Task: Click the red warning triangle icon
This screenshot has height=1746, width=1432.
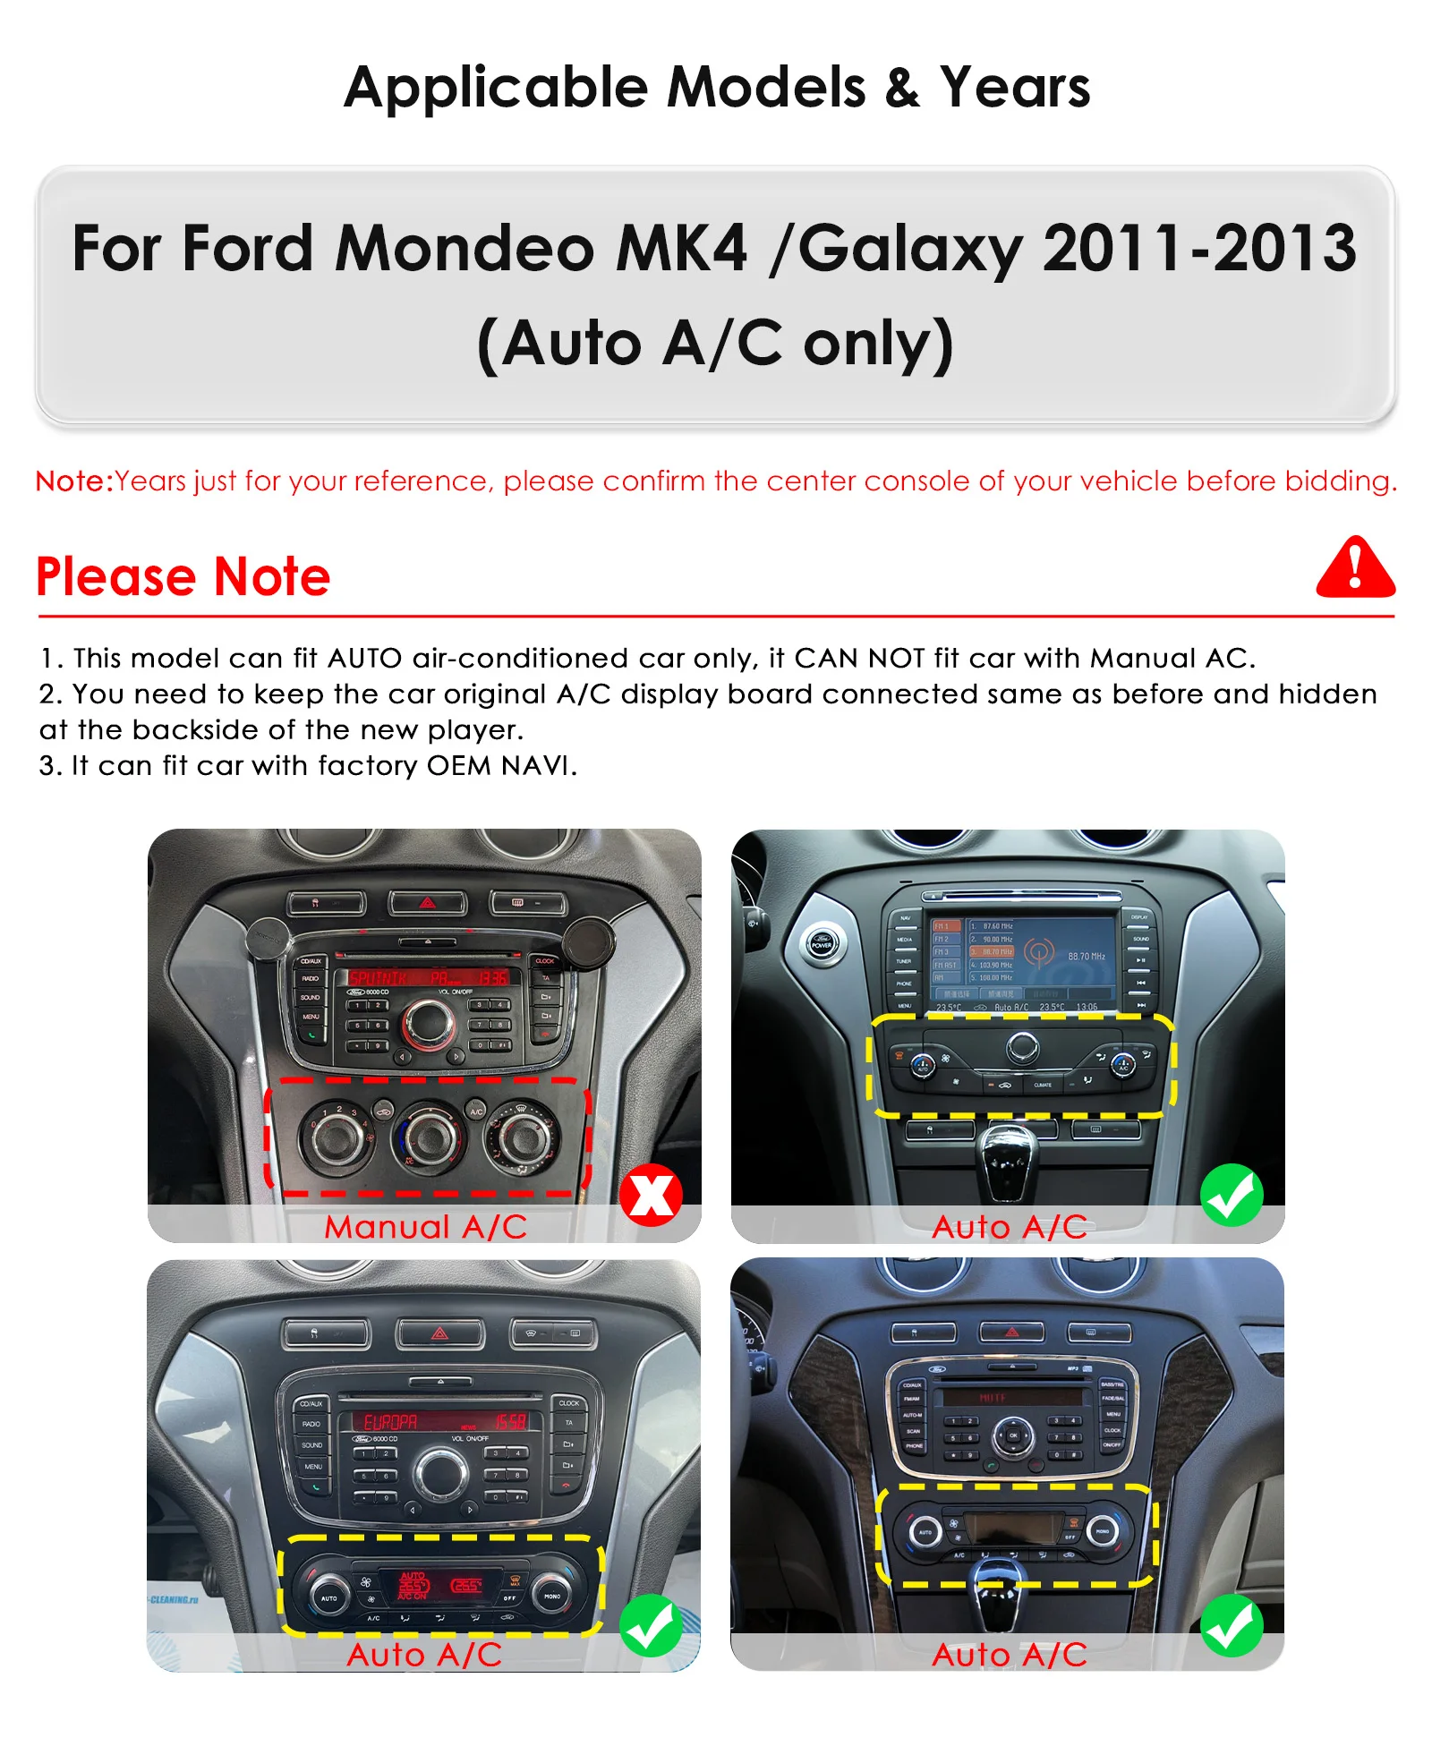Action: (1354, 567)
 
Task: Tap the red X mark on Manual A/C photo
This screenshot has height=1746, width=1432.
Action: (651, 1195)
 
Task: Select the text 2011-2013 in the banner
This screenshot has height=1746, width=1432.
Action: (1199, 248)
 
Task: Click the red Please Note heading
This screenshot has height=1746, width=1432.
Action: (183, 576)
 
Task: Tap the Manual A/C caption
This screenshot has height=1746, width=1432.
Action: (425, 1226)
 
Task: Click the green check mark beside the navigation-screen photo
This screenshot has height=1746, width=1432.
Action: (1232, 1195)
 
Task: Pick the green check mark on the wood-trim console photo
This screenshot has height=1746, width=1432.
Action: (1232, 1625)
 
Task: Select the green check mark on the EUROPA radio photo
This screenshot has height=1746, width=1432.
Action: (651, 1625)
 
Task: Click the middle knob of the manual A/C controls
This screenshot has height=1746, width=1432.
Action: (430, 1137)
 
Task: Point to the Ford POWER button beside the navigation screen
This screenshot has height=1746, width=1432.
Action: (822, 943)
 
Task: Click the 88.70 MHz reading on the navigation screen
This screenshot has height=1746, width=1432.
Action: (1086, 957)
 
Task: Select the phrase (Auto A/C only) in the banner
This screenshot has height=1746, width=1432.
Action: (715, 344)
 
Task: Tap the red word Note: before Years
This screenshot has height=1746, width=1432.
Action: (74, 481)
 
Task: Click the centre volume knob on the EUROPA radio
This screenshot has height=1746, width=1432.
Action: (440, 1472)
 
